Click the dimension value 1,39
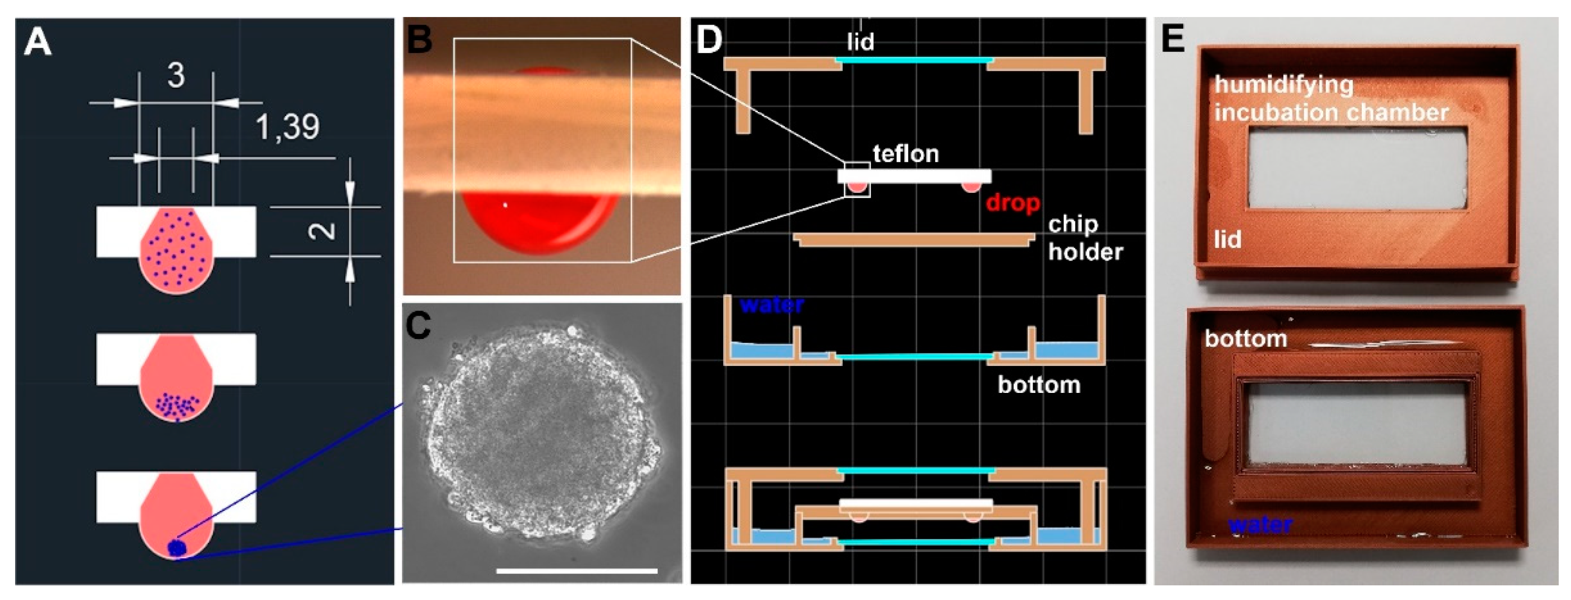287,128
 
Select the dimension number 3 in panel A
176,76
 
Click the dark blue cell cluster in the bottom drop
177,548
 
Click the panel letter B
419,39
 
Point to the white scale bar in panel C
576,571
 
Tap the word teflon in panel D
905,154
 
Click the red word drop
1012,202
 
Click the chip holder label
1084,238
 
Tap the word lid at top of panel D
860,42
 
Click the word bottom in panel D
1039,384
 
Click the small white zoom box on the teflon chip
857,180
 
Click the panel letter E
1172,39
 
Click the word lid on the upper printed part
1227,239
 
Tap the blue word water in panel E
1260,524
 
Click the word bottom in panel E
1246,339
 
